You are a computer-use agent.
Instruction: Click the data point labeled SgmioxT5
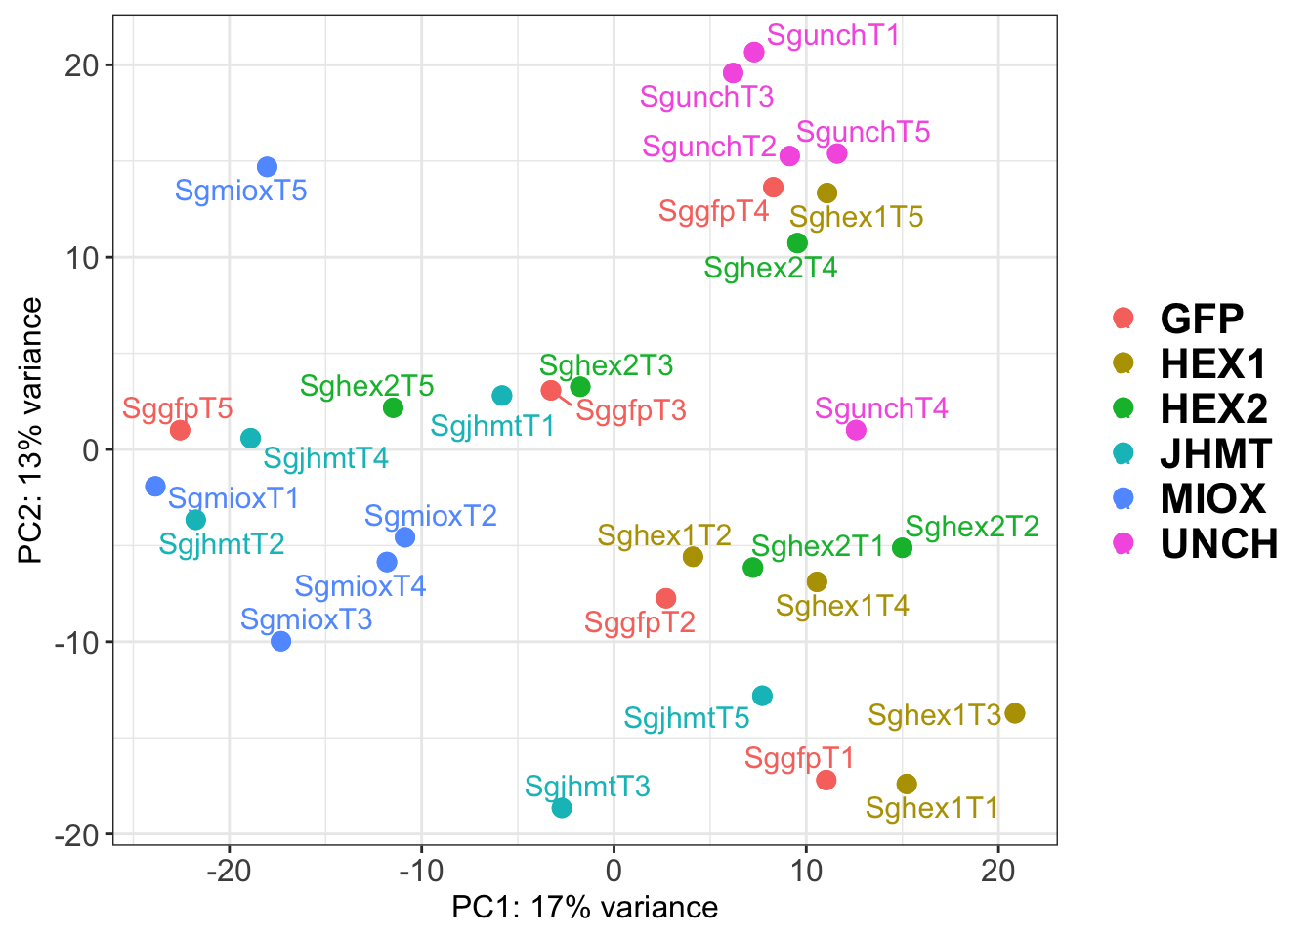(267, 167)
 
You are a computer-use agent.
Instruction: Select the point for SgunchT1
(754, 52)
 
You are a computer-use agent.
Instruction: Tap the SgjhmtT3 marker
(562, 807)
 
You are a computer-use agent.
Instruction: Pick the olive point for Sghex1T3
(1015, 713)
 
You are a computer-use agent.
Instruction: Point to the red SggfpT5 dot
(180, 430)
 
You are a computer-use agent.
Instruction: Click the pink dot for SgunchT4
(856, 430)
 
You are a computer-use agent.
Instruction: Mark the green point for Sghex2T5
(393, 407)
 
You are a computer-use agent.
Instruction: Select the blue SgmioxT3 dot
(281, 641)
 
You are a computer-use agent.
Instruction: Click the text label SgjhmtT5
(687, 719)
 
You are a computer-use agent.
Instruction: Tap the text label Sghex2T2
(972, 527)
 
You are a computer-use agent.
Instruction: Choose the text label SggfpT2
(640, 622)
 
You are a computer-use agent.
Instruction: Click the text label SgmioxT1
(233, 498)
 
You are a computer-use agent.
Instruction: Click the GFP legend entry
(1202, 319)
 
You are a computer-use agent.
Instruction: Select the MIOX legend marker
(1123, 498)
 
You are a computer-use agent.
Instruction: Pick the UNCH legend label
(1219, 544)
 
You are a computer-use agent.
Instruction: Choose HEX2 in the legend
(1213, 408)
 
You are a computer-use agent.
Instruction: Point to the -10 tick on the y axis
(78, 642)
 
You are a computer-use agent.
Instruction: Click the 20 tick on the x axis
(998, 871)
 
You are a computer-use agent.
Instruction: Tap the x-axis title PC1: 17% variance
(584, 908)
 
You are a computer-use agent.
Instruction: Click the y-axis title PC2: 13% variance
(31, 430)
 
